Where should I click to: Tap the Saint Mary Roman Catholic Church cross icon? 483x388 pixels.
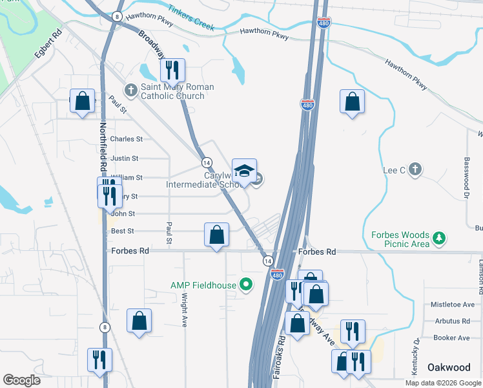tap(130, 89)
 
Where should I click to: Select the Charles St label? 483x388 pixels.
tap(126, 139)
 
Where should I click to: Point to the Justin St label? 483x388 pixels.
tap(125, 158)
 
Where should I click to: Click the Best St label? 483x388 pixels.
tap(123, 231)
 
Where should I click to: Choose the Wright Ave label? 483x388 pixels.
tap(184, 310)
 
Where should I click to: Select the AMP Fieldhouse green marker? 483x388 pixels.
tap(245, 284)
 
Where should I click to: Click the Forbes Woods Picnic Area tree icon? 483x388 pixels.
tap(439, 239)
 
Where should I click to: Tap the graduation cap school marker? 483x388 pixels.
tap(244, 171)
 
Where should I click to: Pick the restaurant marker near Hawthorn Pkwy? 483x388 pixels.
tap(172, 70)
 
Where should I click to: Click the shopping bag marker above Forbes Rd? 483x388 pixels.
tap(217, 235)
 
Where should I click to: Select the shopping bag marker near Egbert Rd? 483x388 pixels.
tap(82, 102)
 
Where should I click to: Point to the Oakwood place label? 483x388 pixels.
tap(449, 367)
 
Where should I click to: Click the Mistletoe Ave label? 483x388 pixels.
tap(452, 305)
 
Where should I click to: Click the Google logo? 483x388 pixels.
tap(22, 380)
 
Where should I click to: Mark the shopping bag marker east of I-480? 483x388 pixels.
tap(352, 102)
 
